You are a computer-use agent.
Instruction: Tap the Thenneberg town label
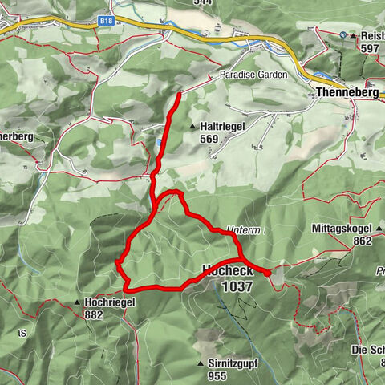point(347,94)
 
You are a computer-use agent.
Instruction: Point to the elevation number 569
point(210,139)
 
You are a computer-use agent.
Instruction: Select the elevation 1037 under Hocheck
point(237,286)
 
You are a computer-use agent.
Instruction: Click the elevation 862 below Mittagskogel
point(361,241)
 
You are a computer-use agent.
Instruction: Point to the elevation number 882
point(93,315)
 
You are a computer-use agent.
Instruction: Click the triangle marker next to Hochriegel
point(77,302)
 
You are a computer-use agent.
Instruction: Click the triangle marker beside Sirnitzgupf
point(201,363)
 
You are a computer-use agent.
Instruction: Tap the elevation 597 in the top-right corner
point(370,48)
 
